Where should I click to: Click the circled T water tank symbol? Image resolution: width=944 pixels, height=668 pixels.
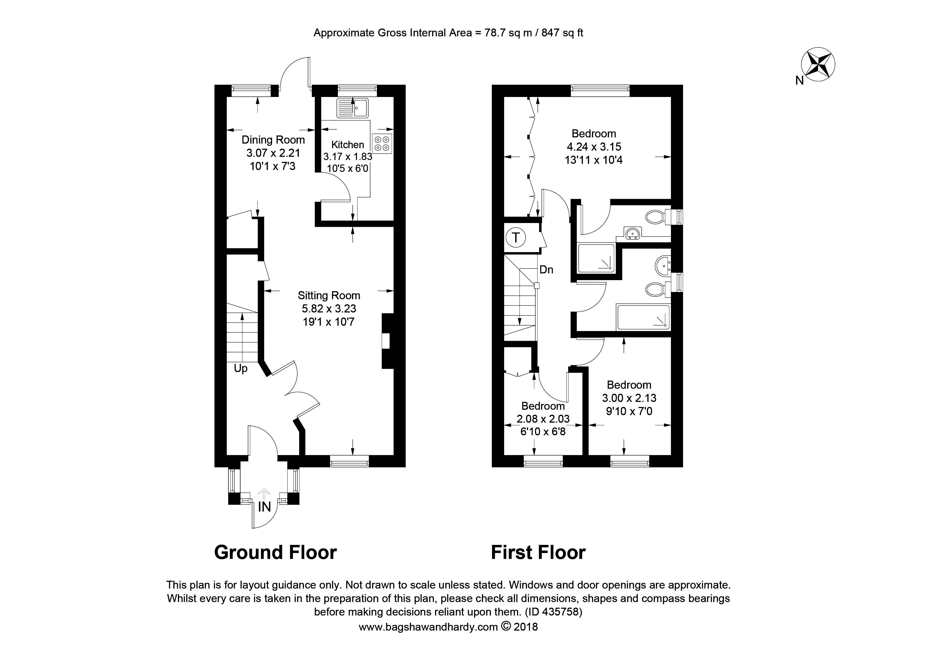tap(516, 238)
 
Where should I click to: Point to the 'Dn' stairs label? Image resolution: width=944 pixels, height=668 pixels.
tap(546, 270)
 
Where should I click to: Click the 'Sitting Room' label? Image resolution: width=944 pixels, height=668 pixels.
tap(329, 295)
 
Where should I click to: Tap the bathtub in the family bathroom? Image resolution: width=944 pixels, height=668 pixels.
tap(643, 317)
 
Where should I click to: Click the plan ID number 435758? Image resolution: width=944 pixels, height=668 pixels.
tap(560, 612)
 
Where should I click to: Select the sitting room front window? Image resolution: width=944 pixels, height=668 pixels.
tap(349, 461)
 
